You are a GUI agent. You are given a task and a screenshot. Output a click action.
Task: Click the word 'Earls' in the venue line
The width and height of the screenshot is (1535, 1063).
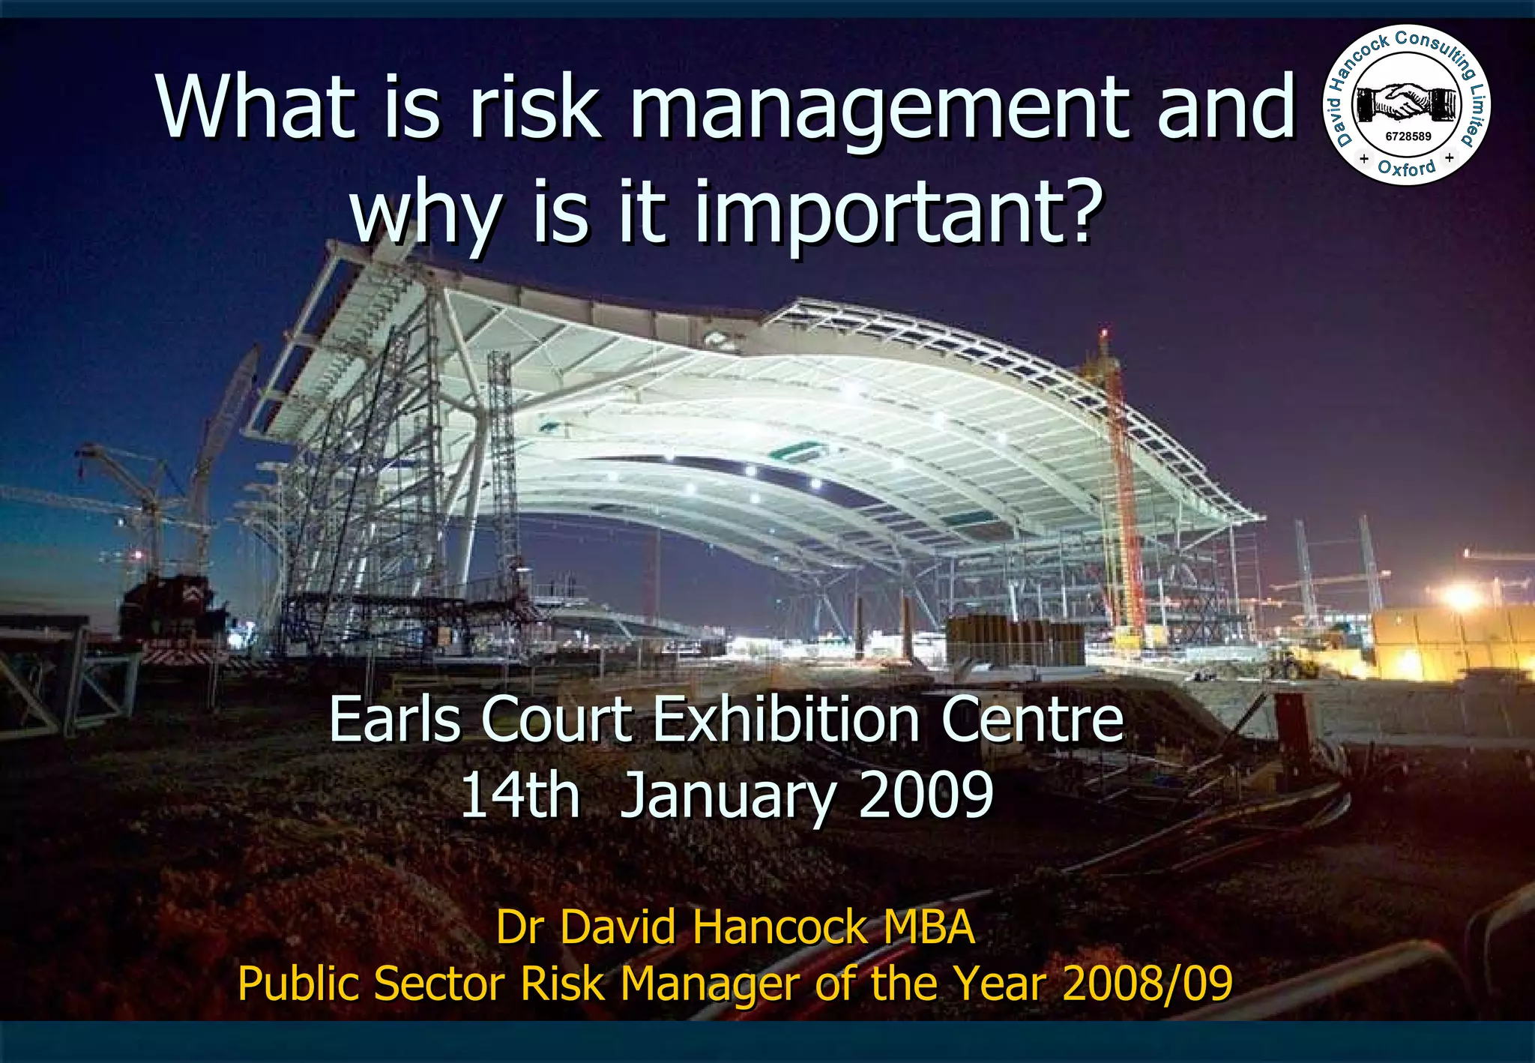pos(395,719)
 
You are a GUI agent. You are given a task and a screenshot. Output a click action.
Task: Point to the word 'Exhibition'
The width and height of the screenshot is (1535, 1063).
pos(786,719)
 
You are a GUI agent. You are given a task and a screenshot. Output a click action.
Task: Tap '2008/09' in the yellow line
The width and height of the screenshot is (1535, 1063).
pos(1147,983)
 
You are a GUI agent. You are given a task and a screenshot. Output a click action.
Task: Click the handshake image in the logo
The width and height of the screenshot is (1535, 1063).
pos(1407,102)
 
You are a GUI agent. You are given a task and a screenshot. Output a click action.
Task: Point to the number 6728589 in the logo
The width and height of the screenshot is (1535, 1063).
pos(1408,136)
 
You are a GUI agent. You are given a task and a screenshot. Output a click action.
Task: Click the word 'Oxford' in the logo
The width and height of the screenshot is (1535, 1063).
pos(1407,167)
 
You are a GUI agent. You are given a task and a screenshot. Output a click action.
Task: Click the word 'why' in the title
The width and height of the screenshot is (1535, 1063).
pos(425,216)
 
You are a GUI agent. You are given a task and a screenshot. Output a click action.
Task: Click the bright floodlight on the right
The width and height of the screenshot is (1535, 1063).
pos(1462,597)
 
